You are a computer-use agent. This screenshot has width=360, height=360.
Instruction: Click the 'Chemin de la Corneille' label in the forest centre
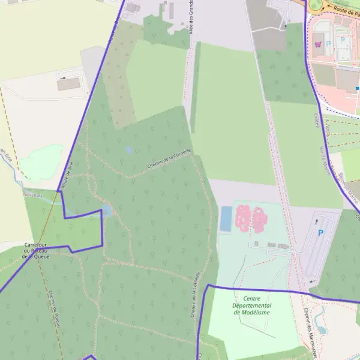coord(169,158)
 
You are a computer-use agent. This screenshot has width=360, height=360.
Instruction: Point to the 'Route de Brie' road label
coord(67,174)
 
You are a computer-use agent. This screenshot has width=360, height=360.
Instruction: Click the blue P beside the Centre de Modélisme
coord(320,233)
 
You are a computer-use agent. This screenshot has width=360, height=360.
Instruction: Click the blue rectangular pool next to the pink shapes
coord(226,219)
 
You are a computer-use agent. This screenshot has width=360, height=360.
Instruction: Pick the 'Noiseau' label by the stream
coord(32,194)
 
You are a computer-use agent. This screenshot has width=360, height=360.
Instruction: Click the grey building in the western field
coord(68,84)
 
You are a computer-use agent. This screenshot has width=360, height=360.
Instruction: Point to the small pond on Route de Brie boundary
coord(106,210)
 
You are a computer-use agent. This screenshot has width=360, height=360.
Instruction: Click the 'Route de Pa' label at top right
coord(347,10)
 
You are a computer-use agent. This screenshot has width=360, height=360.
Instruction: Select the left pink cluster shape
coord(243,218)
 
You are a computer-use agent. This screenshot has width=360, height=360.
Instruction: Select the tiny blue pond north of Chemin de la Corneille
coord(129,149)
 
